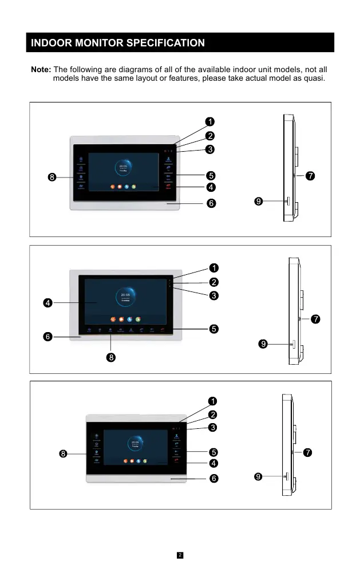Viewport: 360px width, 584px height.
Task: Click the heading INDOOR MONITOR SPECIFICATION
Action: pyautogui.click(x=117, y=43)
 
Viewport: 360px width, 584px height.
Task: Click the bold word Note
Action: pyautogui.click(x=41, y=69)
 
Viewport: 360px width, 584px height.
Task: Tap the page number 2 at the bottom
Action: pyautogui.click(x=180, y=555)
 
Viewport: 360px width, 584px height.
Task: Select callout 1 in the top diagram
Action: pyautogui.click(x=211, y=121)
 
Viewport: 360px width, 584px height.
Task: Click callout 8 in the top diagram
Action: pyautogui.click(x=52, y=177)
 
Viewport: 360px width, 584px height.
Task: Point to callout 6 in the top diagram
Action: pyautogui.click(x=211, y=203)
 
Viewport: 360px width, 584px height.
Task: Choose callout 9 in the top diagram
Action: pyautogui.click(x=259, y=202)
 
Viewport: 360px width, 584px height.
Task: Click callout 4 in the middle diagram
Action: pyautogui.click(x=48, y=302)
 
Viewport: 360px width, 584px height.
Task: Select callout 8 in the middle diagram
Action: pyautogui.click(x=111, y=358)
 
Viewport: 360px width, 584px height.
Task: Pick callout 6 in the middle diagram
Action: pyautogui.click(x=48, y=337)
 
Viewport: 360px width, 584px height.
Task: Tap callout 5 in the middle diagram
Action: pyautogui.click(x=213, y=329)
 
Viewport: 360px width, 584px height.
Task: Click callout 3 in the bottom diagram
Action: pyautogui.click(x=212, y=427)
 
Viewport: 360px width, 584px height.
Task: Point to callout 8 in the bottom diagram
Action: pyautogui.click(x=64, y=454)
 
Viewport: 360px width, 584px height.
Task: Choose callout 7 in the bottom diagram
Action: pyautogui.click(x=308, y=453)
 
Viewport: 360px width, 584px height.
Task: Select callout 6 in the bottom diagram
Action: pyautogui.click(x=212, y=478)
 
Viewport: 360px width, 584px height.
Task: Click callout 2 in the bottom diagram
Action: pyautogui.click(x=212, y=414)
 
